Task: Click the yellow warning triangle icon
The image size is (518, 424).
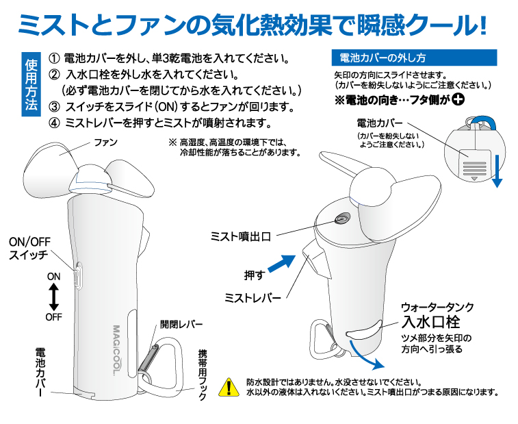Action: [x=229, y=387]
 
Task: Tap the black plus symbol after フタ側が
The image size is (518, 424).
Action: [x=458, y=99]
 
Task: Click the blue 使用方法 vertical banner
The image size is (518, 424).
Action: [x=31, y=84]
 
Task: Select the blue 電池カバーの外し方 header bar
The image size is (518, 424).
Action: [x=414, y=58]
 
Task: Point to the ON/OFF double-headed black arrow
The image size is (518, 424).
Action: [x=53, y=297]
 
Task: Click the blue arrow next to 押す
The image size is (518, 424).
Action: [x=282, y=264]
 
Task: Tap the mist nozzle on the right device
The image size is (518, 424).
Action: [x=341, y=219]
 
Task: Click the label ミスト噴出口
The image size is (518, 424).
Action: [x=241, y=236]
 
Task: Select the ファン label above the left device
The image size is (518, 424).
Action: [x=105, y=142]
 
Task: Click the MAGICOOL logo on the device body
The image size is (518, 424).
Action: [x=117, y=350]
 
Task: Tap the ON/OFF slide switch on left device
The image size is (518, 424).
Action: [x=78, y=275]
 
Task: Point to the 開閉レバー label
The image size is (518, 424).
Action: [x=181, y=324]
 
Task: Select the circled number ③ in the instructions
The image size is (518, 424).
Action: [x=54, y=107]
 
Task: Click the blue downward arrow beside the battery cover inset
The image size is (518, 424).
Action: [x=497, y=171]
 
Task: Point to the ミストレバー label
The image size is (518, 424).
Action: [x=252, y=298]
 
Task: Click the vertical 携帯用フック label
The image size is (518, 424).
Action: [x=203, y=375]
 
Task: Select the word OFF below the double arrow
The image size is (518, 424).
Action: [x=54, y=317]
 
